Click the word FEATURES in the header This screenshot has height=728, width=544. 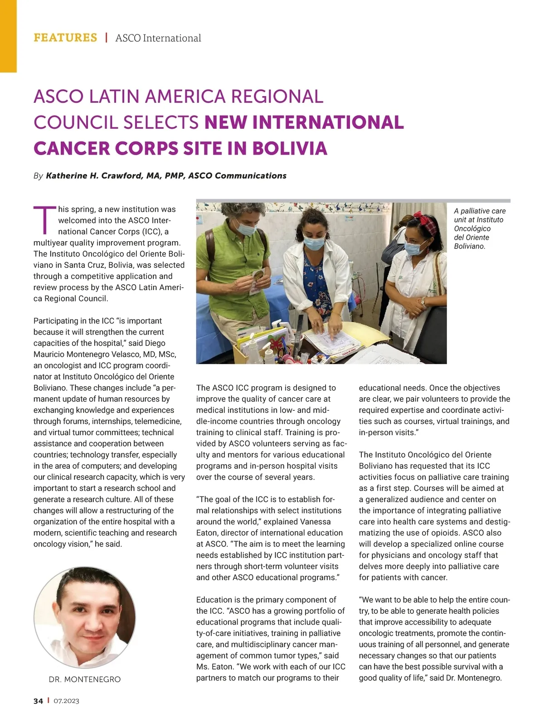pos(65,38)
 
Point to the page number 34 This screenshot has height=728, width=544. pos(38,701)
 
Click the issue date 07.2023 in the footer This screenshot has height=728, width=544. pos(66,701)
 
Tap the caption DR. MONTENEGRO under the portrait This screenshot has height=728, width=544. pos(85,679)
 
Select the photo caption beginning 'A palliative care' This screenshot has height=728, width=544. pos(480,228)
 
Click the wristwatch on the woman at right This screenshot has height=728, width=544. pos(423,301)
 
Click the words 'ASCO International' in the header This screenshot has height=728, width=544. pos(158,38)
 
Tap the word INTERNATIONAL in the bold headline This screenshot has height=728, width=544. pos(304,122)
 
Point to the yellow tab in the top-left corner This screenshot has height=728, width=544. pos(8,36)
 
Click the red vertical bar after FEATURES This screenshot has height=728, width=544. pos(106,38)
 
